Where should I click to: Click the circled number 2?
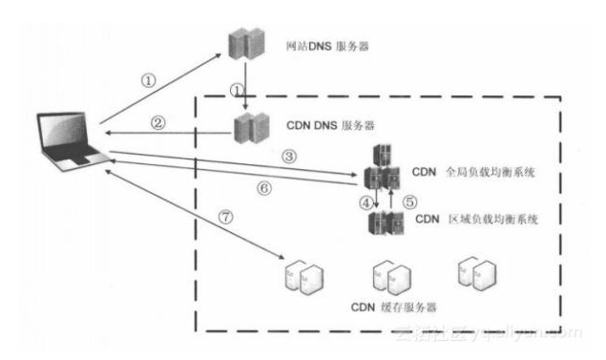[x=159, y=122]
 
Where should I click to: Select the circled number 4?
[x=364, y=201]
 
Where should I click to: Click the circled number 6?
[x=264, y=188]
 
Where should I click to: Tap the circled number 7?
[x=226, y=217]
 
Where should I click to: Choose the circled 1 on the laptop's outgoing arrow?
[x=148, y=80]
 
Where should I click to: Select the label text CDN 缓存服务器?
[x=392, y=307]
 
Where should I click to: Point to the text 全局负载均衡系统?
[x=492, y=173]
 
